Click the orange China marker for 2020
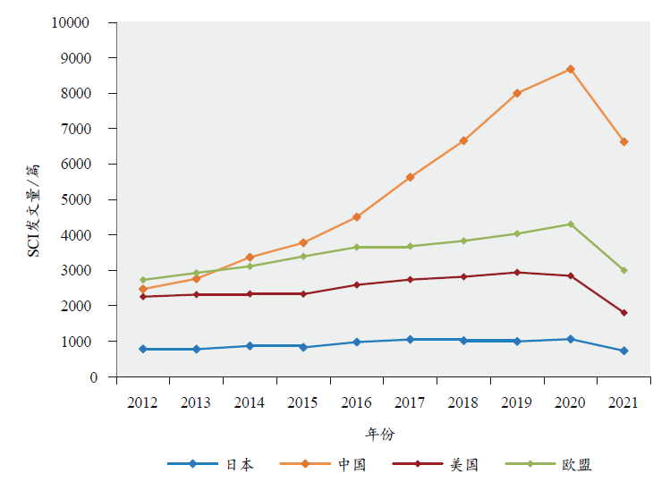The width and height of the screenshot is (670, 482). click(x=571, y=69)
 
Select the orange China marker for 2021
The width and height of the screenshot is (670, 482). click(x=623, y=141)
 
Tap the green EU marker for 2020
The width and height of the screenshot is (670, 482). click(x=571, y=224)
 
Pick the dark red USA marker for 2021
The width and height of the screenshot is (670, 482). click(x=623, y=313)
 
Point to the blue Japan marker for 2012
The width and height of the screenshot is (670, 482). click(x=143, y=349)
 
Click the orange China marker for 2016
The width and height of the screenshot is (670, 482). click(x=357, y=217)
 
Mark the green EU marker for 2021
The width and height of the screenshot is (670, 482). click(x=623, y=270)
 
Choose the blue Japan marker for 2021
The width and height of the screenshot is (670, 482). click(x=623, y=351)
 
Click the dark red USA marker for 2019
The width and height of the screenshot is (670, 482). click(x=517, y=273)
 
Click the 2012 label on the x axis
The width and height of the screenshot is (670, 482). click(x=143, y=403)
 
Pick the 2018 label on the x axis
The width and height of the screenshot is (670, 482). click(x=463, y=403)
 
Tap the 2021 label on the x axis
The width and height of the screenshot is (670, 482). click(x=623, y=403)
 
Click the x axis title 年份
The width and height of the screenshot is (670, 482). click(x=379, y=434)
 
